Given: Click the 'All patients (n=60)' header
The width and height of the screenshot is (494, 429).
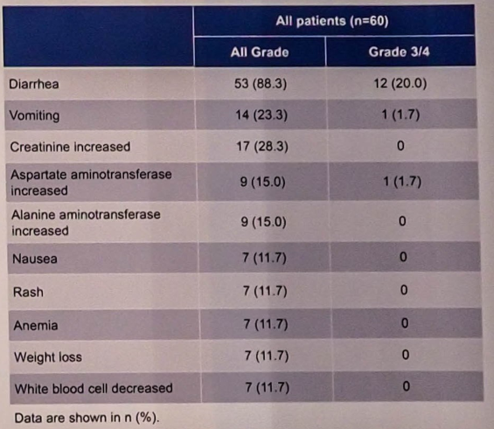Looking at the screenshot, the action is [332, 21].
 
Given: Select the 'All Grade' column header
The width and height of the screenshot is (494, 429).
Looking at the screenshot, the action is [260, 52].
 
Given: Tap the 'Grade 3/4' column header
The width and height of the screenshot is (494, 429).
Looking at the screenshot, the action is [399, 52].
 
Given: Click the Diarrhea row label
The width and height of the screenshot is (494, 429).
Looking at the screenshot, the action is [34, 84].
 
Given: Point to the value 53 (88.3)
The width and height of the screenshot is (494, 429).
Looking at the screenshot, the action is [261, 84].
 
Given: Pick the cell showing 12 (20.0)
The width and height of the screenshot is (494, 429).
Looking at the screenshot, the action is [400, 83].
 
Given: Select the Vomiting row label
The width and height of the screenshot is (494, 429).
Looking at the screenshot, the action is [34, 115].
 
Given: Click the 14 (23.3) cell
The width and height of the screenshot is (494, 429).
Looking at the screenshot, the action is [261, 114].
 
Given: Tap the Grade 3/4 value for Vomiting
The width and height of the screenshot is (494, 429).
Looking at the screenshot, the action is [400, 114].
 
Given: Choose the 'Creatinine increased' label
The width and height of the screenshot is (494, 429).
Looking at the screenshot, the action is [70, 147].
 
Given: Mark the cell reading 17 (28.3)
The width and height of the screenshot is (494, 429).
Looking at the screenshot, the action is [262, 147].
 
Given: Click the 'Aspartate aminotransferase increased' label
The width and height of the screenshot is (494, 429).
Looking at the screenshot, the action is [91, 183].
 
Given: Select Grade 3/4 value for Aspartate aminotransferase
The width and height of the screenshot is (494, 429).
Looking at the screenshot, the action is [402, 182].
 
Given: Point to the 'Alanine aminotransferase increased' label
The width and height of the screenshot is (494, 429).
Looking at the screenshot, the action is [86, 223].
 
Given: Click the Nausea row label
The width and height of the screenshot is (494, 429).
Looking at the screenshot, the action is [35, 259].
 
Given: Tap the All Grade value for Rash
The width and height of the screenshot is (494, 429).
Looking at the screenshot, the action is [265, 291].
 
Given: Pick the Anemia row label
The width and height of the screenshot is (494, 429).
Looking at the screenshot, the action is [36, 325].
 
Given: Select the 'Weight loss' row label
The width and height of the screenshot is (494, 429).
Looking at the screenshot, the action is [48, 357].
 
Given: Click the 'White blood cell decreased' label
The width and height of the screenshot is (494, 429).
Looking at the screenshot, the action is [94, 389].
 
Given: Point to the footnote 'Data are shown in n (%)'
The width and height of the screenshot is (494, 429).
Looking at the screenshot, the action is [87, 418].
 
